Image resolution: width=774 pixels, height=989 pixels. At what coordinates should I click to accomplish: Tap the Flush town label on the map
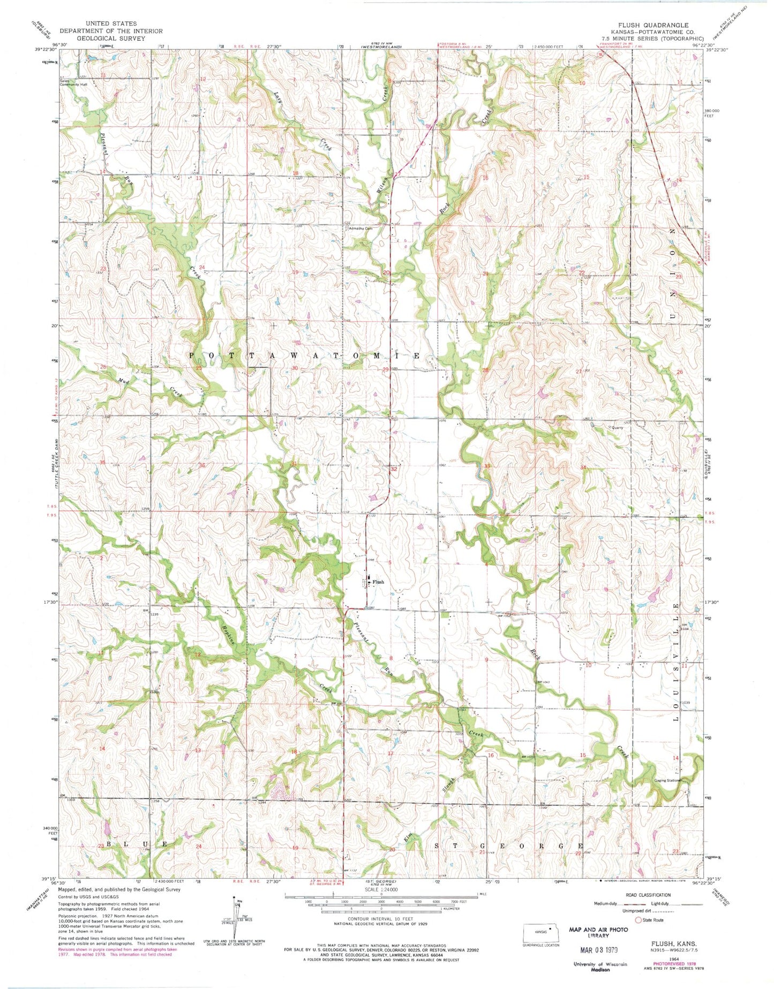pos(378,582)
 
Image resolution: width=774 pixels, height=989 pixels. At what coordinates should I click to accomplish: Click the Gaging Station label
pos(667,780)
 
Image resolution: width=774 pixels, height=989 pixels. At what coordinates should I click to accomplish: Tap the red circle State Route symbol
pos(637,920)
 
